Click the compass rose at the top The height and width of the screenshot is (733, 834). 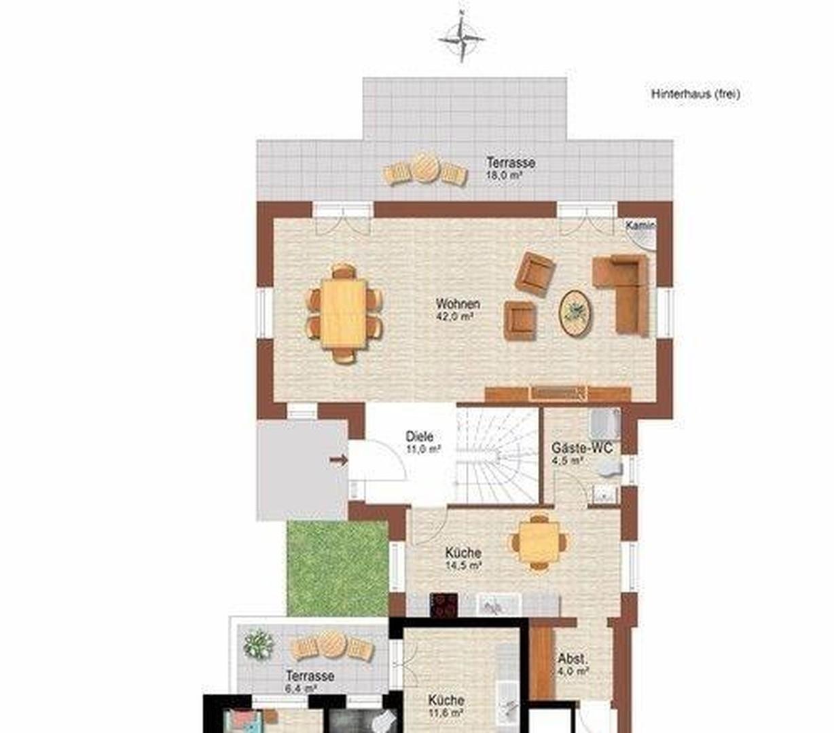coord(462,37)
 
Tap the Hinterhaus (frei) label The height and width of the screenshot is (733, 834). coord(695,94)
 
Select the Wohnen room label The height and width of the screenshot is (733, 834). coord(458,304)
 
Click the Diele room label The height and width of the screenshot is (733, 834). coord(419,436)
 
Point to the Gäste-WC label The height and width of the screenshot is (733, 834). coord(581,447)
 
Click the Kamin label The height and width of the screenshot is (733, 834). coord(640,225)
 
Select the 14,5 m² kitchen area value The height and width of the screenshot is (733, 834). coord(463,566)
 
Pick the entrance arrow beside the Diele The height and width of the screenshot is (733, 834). coord(339,461)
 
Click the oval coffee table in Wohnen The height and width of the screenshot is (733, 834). coord(575,314)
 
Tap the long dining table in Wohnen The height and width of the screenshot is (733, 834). coord(344,314)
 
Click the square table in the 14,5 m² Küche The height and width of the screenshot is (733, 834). coord(540,542)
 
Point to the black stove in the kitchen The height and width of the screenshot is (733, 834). coord(443,605)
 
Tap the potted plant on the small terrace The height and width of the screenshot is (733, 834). coord(258,644)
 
